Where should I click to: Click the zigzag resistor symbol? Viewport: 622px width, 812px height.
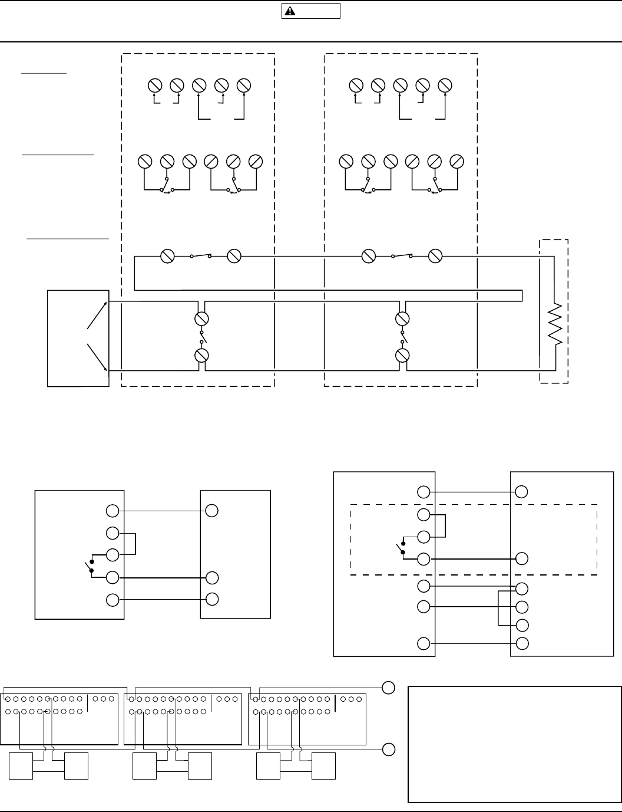click(x=554, y=325)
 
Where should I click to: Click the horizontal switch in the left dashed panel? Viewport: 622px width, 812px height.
click(x=201, y=256)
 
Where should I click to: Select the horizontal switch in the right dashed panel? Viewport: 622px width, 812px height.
click(x=402, y=256)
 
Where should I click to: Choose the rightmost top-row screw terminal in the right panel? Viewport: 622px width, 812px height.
click(x=445, y=86)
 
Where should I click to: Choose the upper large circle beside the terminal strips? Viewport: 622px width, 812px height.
click(x=389, y=688)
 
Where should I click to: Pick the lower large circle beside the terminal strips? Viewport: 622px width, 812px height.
click(x=389, y=750)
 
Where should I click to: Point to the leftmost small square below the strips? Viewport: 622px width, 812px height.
click(x=21, y=765)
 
